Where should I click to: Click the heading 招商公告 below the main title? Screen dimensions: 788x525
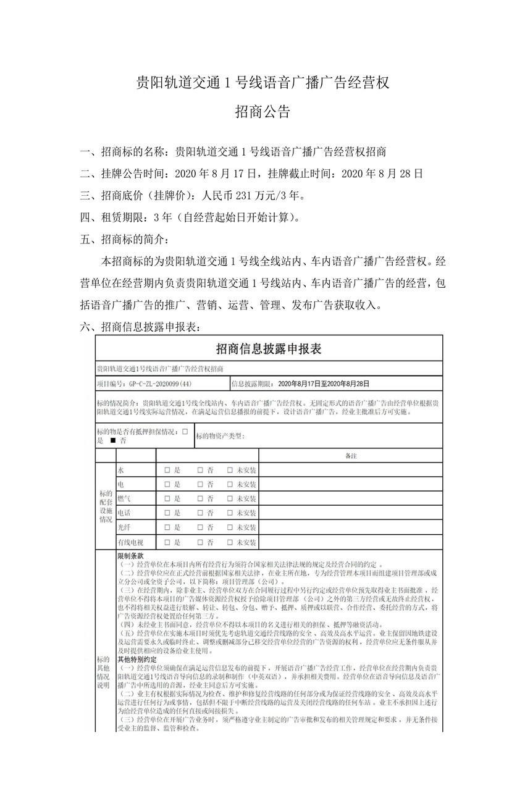(262, 112)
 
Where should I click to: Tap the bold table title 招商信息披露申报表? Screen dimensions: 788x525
(269, 349)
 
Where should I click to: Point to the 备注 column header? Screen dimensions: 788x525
(351, 456)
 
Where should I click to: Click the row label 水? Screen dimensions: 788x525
(120, 471)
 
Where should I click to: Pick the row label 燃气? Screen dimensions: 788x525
(124, 498)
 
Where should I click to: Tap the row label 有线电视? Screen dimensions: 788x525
(130, 542)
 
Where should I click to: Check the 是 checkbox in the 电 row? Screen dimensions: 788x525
(167, 485)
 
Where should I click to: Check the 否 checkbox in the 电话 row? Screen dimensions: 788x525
(200, 513)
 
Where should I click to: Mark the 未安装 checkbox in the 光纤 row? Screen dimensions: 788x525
(230, 527)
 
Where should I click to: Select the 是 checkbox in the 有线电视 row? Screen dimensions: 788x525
(167, 542)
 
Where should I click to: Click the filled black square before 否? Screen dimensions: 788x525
(112, 441)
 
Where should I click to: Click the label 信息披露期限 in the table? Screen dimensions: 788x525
(252, 384)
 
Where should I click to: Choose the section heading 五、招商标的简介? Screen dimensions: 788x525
(124, 239)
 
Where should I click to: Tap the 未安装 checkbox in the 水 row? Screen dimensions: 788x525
(230, 471)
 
